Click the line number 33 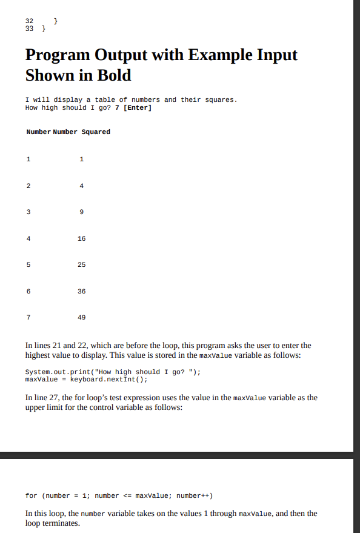point(30,29)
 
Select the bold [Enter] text point(137,108)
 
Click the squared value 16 point(82,238)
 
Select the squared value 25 point(82,265)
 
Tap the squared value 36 point(82,291)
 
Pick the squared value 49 point(82,317)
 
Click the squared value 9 point(82,212)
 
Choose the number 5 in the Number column point(28,265)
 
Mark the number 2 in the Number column point(28,186)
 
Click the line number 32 point(30,21)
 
